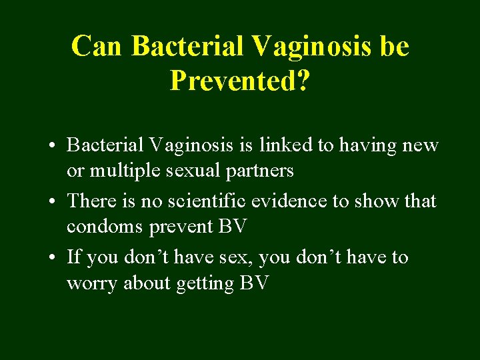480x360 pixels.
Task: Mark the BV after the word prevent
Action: pyautogui.click(x=233, y=227)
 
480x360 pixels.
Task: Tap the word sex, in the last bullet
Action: pyautogui.click(x=235, y=257)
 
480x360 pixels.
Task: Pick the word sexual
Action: pyautogui.click(x=192, y=171)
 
